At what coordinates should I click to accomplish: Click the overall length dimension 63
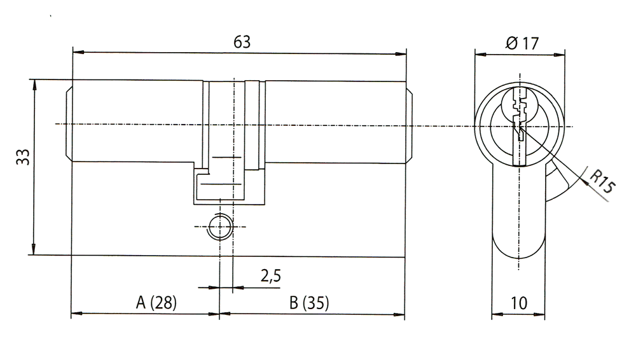pos(242,42)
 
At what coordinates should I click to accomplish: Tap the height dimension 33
pos(23,157)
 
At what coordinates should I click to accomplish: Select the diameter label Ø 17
pos(522,43)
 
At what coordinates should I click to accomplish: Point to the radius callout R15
pos(602,181)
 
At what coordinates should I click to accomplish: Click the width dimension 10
pos(519,303)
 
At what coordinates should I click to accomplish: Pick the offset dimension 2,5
pos(270,276)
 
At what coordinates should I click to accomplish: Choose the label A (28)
pos(156,302)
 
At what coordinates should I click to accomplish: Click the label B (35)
pos(309,303)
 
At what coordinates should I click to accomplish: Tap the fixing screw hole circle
pos(220,226)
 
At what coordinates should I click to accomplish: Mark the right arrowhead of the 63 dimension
pos(400,53)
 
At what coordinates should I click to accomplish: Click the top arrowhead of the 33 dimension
pos(34,85)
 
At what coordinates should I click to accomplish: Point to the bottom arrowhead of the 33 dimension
pos(34,249)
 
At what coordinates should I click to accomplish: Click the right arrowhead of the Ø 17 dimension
pos(559,55)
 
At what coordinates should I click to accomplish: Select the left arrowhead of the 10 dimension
pos(497,314)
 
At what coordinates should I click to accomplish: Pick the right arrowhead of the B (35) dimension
pos(399,314)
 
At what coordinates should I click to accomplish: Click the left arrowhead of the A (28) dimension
pos(77,314)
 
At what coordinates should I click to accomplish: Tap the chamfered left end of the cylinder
pos(69,123)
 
